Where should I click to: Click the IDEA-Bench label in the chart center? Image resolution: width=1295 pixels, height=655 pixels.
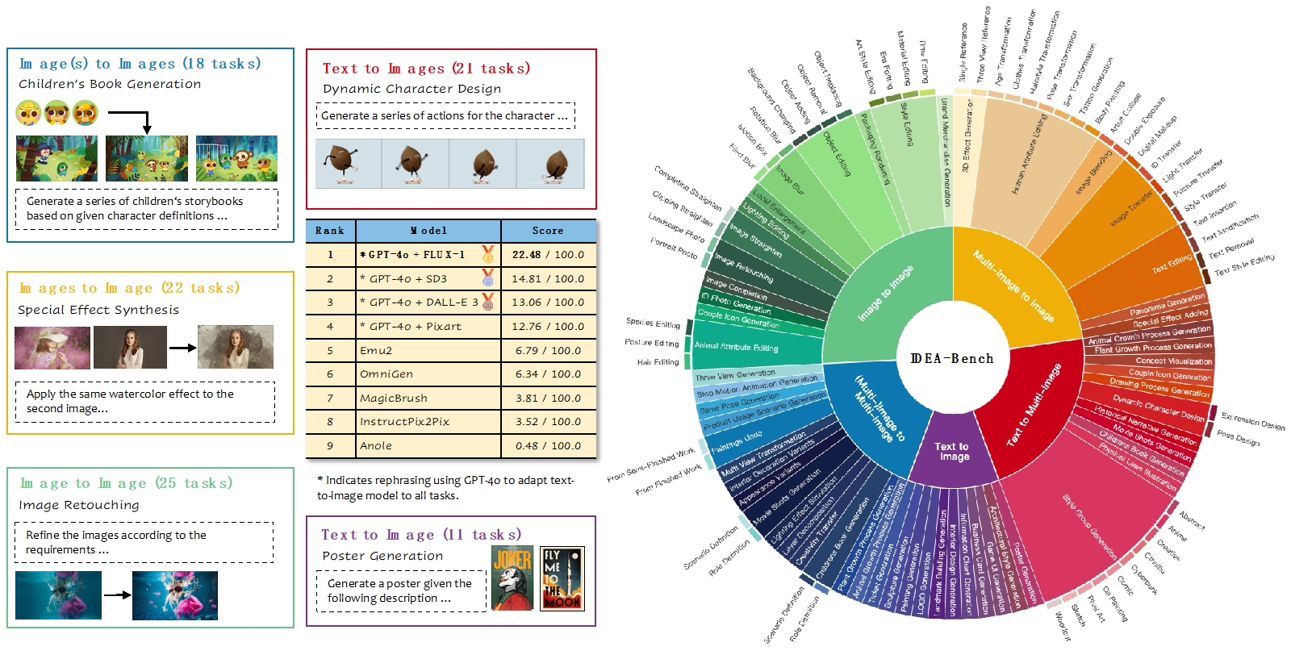(952, 359)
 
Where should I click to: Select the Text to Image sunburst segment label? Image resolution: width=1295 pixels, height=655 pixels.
(952, 452)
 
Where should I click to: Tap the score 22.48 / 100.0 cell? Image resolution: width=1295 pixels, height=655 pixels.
(548, 255)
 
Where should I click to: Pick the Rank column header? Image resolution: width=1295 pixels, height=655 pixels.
(330, 231)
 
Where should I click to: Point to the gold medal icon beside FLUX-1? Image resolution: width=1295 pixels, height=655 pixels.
(488, 255)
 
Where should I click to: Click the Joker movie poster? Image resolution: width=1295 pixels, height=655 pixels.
(512, 578)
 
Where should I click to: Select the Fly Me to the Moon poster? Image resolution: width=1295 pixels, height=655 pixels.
(562, 578)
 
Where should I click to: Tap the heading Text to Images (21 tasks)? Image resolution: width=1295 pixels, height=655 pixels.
(426, 69)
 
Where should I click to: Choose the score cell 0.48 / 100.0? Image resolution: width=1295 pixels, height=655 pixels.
(548, 445)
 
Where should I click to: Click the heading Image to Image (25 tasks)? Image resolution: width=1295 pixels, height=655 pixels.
(126, 483)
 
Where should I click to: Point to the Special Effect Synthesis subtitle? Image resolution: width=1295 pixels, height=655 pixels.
(98, 310)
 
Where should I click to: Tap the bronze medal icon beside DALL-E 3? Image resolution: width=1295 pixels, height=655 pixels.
(488, 302)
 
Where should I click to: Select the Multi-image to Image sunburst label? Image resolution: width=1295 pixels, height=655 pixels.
(1013, 286)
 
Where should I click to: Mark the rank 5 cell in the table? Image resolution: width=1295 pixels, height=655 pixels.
(330, 351)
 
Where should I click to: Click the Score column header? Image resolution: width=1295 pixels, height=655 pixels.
(548, 231)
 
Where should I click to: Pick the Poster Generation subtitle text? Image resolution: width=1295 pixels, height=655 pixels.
(382, 556)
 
